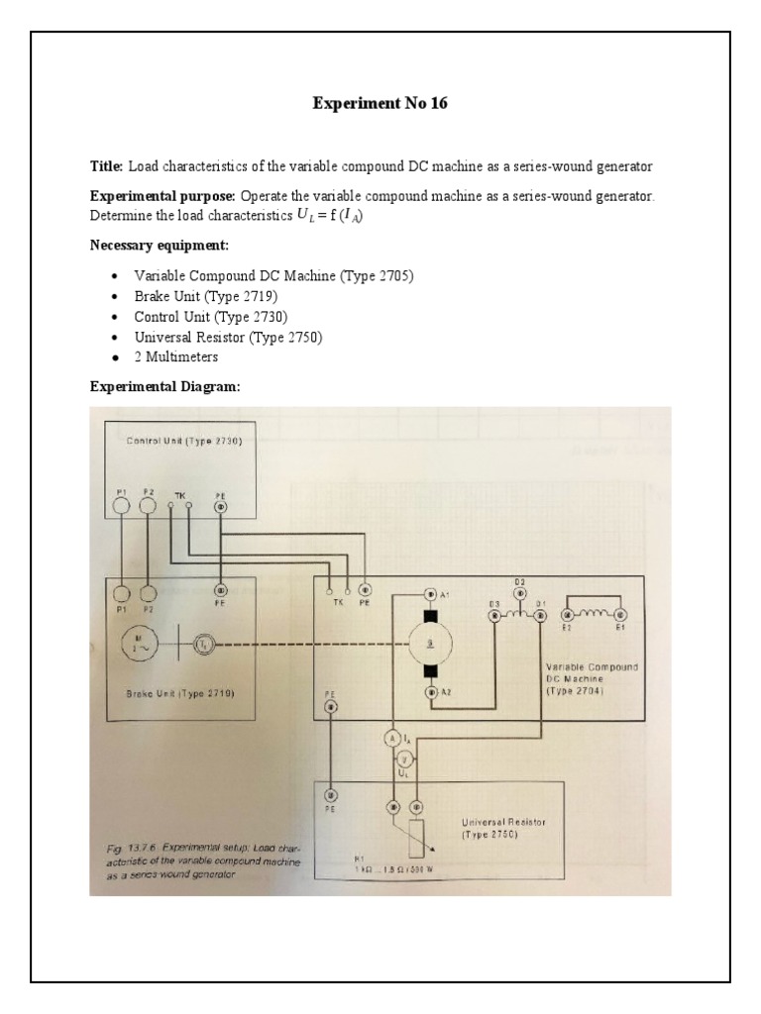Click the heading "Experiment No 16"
tap(380, 103)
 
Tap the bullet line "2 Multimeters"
tap(176, 356)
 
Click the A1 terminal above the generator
tap(430, 594)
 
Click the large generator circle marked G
tap(430, 645)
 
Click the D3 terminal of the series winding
tap(494, 615)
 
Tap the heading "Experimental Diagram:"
tap(165, 387)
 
